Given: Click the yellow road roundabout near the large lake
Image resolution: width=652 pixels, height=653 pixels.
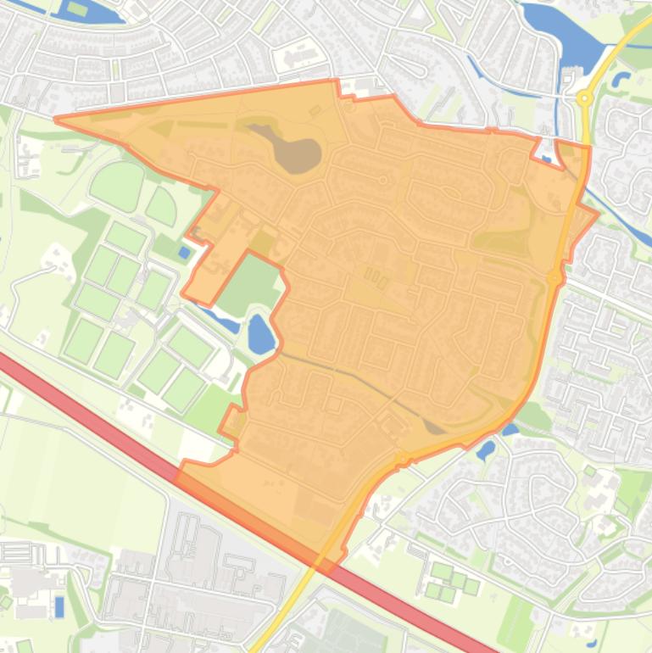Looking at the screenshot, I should tap(584, 98).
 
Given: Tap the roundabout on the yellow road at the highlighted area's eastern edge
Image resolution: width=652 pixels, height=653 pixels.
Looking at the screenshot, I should tap(554, 277).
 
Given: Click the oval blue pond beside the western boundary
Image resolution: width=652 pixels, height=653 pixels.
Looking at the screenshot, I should tap(260, 333).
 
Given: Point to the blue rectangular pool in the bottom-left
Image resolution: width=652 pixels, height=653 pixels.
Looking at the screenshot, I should tap(59, 606).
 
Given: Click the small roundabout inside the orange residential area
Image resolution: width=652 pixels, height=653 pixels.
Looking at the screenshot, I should tap(383, 180).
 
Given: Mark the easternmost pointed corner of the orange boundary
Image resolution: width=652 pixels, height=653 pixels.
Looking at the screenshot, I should tap(598, 213).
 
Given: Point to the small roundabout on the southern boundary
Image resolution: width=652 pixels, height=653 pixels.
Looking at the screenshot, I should tap(401, 458).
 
